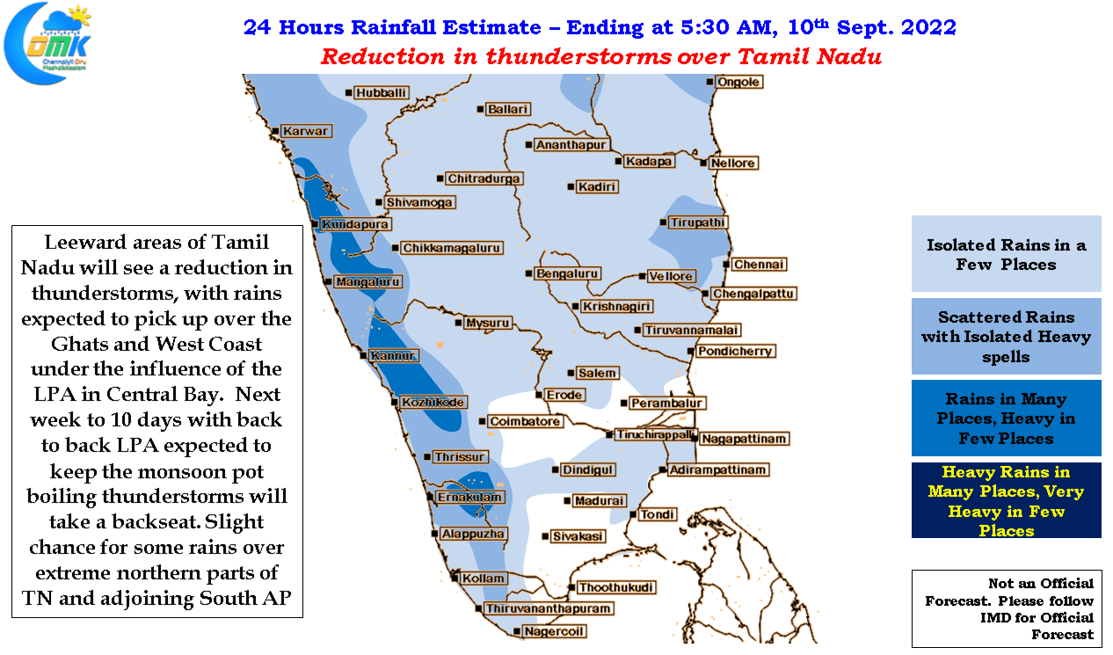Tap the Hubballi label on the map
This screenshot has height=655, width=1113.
pyautogui.click(x=382, y=93)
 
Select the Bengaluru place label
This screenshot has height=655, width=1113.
pyautogui.click(x=567, y=273)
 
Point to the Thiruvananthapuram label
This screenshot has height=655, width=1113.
pyautogui.click(x=548, y=608)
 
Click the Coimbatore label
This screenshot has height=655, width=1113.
pyautogui.click(x=525, y=421)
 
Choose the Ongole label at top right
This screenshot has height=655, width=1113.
pyautogui.click(x=738, y=82)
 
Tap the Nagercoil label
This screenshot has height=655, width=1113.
pyautogui.click(x=554, y=631)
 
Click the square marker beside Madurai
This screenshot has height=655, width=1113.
pyautogui.click(x=567, y=500)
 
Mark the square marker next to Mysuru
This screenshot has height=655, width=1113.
pyautogui.click(x=458, y=323)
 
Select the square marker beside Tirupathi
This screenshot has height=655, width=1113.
pyautogui.click(x=663, y=222)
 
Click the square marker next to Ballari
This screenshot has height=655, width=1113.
pyautogui.click(x=480, y=109)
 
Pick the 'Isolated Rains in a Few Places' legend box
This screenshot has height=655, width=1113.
pyautogui.click(x=1006, y=253)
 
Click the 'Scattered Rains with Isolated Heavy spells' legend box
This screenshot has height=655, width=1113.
pyautogui.click(x=1006, y=337)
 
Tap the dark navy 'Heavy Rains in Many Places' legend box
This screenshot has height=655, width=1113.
pyautogui.click(x=1006, y=500)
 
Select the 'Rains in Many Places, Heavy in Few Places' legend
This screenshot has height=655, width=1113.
pyautogui.click(x=1006, y=418)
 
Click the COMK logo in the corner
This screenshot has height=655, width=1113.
pyautogui.click(x=47, y=43)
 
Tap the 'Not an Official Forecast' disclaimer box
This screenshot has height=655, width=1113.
pyautogui.click(x=1007, y=608)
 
